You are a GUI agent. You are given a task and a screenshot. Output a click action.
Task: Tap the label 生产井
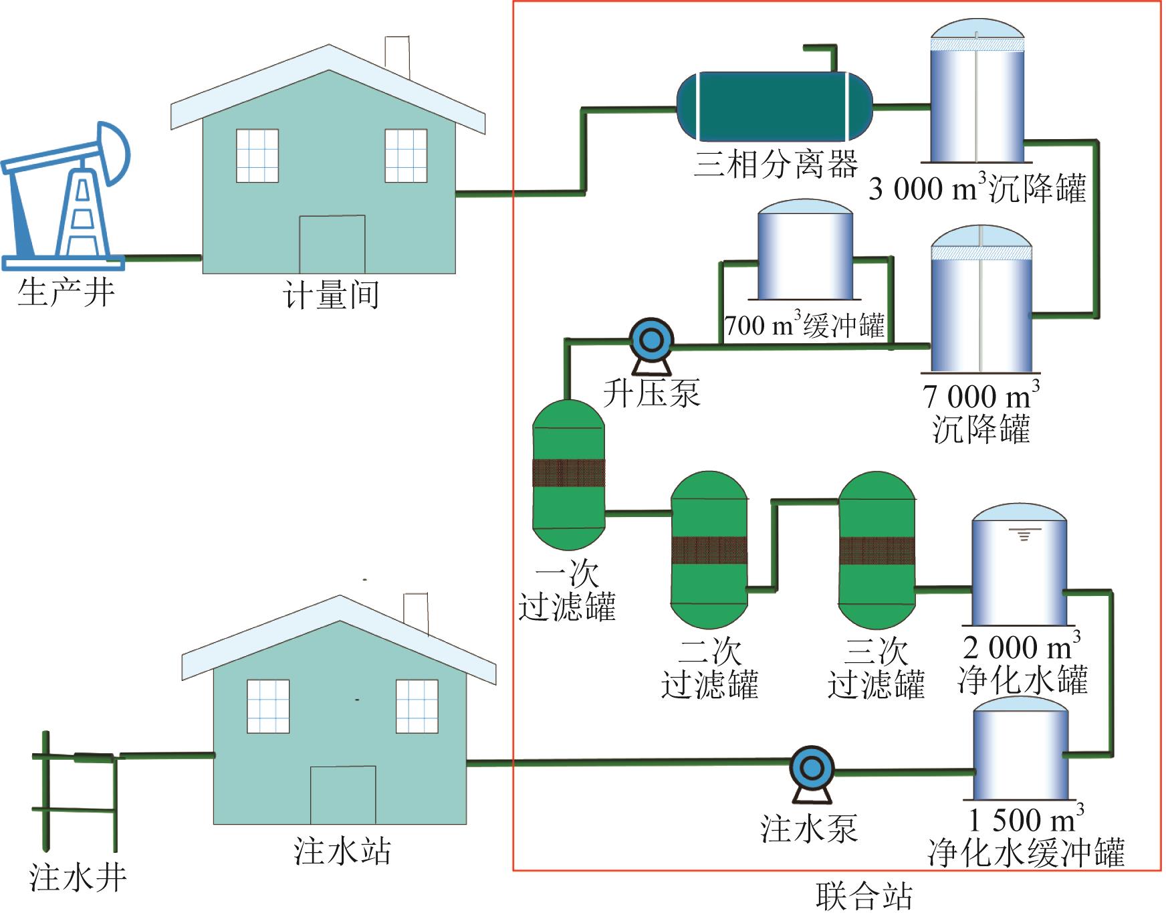pyautogui.click(x=66, y=293)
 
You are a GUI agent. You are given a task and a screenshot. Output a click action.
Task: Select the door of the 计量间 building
pyautogui.click(x=332, y=244)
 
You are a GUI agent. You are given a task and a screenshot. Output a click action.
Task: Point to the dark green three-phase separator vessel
pyautogui.click(x=774, y=107)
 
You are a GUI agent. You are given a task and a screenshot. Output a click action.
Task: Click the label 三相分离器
pyautogui.click(x=776, y=164)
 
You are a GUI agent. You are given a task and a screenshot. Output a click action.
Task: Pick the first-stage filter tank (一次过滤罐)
pyautogui.click(x=568, y=474)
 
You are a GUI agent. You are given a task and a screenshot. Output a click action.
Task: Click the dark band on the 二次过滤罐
pyautogui.click(x=709, y=550)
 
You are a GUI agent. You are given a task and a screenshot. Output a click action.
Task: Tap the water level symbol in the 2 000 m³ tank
pyautogui.click(x=1024, y=534)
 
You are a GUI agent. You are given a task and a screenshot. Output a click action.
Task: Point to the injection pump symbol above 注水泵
pyautogui.click(x=811, y=769)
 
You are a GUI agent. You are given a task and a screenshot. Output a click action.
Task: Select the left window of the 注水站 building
pyautogui.click(x=268, y=706)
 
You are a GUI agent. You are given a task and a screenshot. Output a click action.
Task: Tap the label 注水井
pyautogui.click(x=78, y=878)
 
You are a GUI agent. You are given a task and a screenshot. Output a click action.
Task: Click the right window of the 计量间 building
pyautogui.click(x=406, y=155)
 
